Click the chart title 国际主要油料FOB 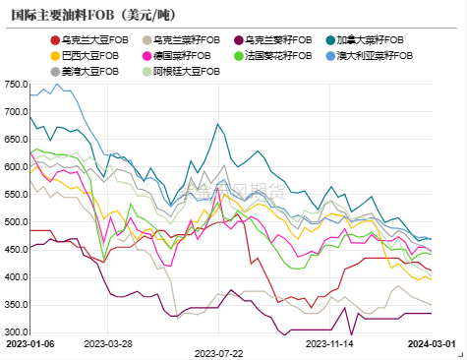(x=79, y=15)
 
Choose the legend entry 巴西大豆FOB (x=89, y=56)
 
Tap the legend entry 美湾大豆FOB (x=89, y=72)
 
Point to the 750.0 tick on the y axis (x=15, y=84)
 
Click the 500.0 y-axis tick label (x=15, y=222)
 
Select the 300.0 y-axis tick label (x=15, y=332)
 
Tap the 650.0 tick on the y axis (x=15, y=139)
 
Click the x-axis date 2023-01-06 (x=29, y=344)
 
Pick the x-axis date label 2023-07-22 (x=218, y=352)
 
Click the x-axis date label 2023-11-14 (x=327, y=344)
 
